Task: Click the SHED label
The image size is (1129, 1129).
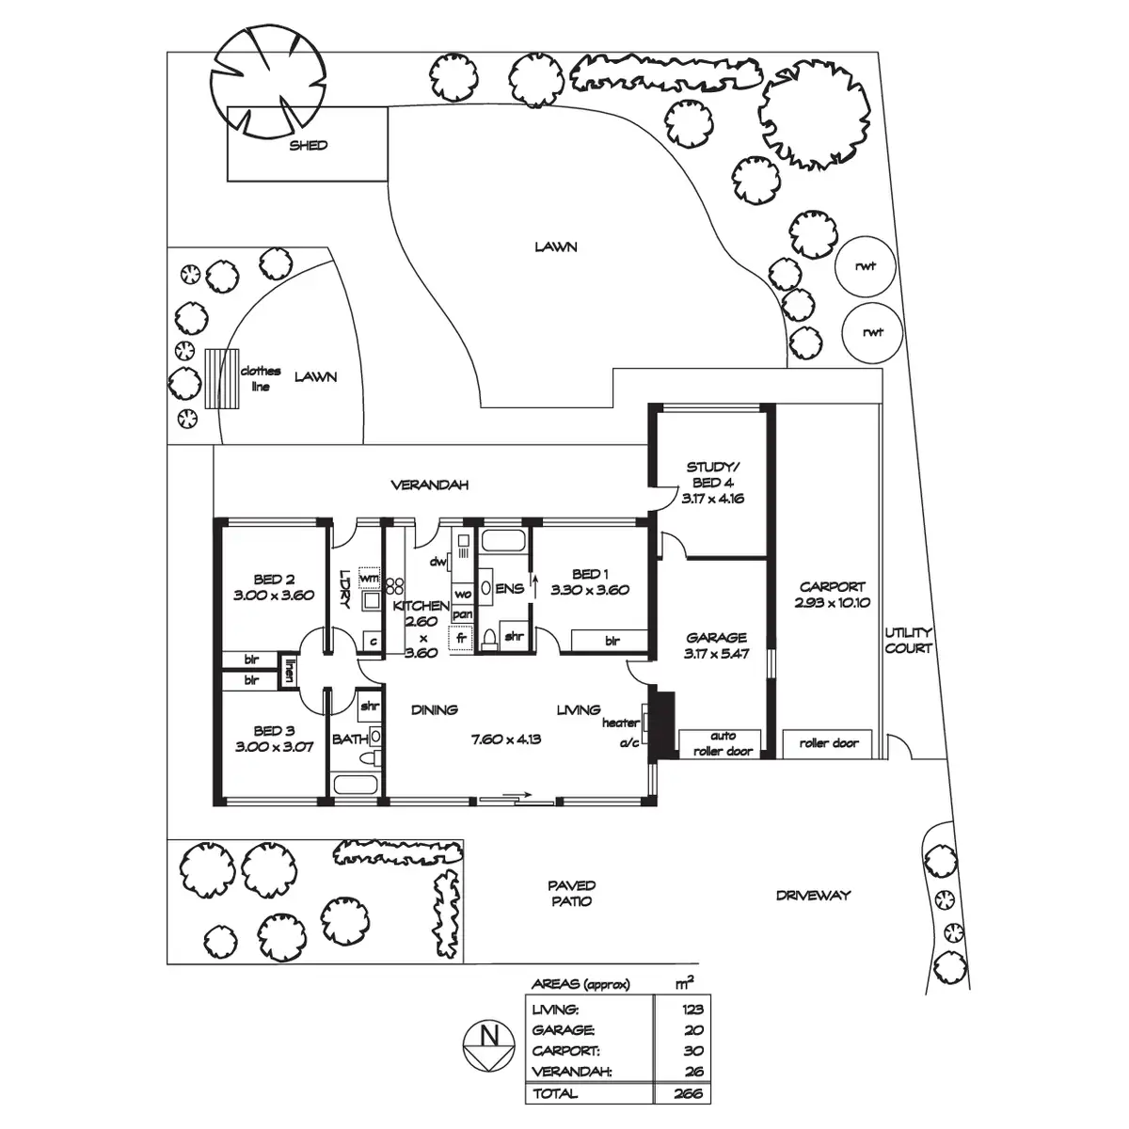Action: point(309,145)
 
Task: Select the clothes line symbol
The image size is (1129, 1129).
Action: point(221,379)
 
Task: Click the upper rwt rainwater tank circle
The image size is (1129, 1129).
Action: point(866,266)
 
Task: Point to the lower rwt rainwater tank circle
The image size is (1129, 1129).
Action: point(873,332)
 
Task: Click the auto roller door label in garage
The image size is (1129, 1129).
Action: point(723,743)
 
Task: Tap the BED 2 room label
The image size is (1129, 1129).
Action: point(274,580)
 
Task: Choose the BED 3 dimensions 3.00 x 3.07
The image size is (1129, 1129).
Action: point(274,747)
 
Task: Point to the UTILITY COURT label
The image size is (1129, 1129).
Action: point(909,640)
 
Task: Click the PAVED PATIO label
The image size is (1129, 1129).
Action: point(571,893)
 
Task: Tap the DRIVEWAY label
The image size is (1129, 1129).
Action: point(813,896)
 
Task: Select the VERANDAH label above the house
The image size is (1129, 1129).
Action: point(429,485)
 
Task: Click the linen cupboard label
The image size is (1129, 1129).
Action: point(292,671)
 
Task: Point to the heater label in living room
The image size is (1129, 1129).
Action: point(621,724)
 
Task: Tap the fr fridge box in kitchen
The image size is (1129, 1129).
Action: point(462,637)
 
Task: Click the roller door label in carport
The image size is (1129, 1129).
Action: point(829,743)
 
